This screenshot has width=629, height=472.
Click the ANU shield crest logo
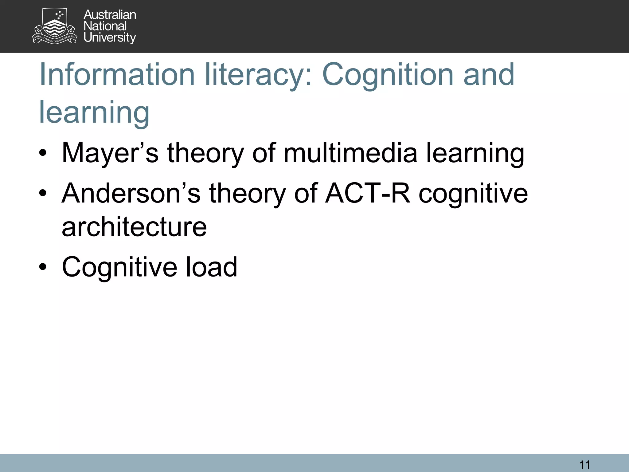coord(54,26)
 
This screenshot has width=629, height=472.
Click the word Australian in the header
coord(110,15)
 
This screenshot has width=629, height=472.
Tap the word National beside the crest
coord(105,26)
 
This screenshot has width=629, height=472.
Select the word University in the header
coord(110,37)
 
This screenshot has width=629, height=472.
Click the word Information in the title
coord(117,74)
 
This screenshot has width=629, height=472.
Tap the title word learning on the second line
coord(94,112)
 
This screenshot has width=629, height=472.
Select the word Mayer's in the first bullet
coord(110,153)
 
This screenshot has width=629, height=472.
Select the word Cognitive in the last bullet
coord(119,267)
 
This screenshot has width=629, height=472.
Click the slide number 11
coord(584,465)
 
